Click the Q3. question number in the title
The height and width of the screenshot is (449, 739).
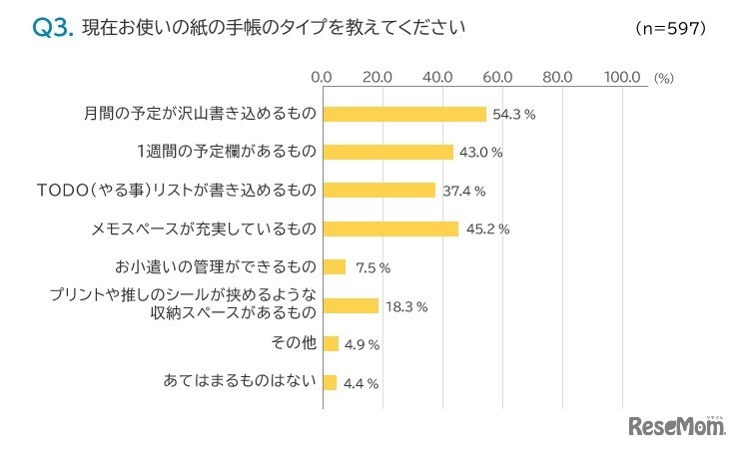point(53,28)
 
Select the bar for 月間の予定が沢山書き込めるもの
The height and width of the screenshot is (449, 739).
point(404,114)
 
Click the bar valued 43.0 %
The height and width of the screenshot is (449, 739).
point(387,152)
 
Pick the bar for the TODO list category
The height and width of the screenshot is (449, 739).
point(379,190)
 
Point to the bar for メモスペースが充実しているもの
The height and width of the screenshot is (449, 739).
point(390,228)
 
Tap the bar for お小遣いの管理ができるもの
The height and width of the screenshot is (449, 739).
point(335,266)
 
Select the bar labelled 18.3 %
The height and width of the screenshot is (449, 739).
point(351,305)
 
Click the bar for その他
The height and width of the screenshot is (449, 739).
point(331,343)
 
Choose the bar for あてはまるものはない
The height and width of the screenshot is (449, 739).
point(330,381)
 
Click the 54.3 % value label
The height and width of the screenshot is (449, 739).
point(514,115)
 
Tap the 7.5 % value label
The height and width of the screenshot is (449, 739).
point(371,267)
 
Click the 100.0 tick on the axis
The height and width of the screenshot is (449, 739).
point(624,76)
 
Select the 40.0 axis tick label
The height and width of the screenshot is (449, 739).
point(439,76)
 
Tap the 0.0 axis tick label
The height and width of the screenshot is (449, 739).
point(322,76)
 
